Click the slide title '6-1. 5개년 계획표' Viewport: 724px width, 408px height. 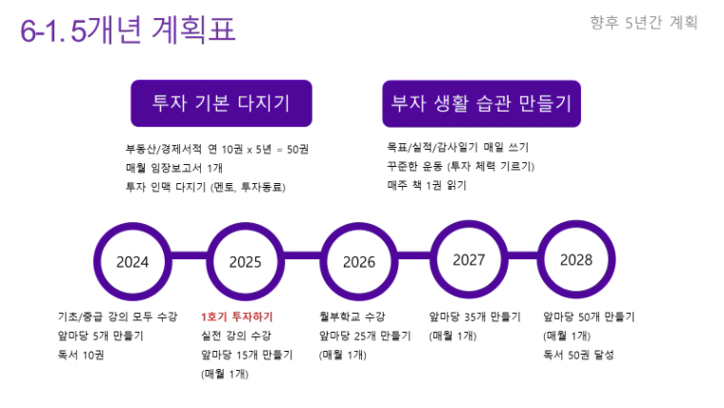(128, 31)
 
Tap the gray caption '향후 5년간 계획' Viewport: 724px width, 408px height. (644, 22)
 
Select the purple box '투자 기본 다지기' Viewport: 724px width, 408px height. (221, 103)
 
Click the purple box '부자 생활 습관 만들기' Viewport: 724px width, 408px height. (482, 104)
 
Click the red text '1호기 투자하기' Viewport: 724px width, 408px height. (237, 316)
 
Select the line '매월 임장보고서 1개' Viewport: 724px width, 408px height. (174, 168)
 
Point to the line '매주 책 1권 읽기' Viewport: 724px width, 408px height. (427, 185)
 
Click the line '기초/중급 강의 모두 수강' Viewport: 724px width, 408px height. (117, 316)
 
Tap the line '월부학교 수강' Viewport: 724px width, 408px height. (352, 316)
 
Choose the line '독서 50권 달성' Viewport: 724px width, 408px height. (578, 355)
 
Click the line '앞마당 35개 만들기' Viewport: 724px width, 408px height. (474, 316)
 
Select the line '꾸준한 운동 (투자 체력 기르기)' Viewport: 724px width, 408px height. (461, 166)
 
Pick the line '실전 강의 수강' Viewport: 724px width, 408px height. (236, 336)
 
